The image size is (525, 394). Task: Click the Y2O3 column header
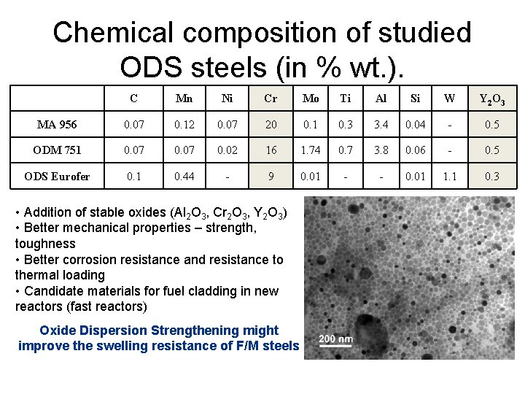492,99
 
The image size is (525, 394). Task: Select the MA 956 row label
57,125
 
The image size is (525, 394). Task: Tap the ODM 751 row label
57,150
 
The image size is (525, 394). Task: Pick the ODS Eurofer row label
57,177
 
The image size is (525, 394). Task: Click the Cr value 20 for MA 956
271,125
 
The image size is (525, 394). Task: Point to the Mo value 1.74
311,150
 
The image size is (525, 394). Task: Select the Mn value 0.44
184,177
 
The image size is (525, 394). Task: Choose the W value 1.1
450,177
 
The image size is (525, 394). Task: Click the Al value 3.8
381,150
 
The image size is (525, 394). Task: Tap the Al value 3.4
381,125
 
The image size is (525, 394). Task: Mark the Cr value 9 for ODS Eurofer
271,177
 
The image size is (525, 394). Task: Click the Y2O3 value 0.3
492,177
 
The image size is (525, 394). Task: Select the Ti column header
347,98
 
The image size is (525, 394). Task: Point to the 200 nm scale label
335,339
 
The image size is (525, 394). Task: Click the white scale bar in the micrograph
335,347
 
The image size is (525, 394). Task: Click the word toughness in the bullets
45,244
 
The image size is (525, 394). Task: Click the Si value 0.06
416,150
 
